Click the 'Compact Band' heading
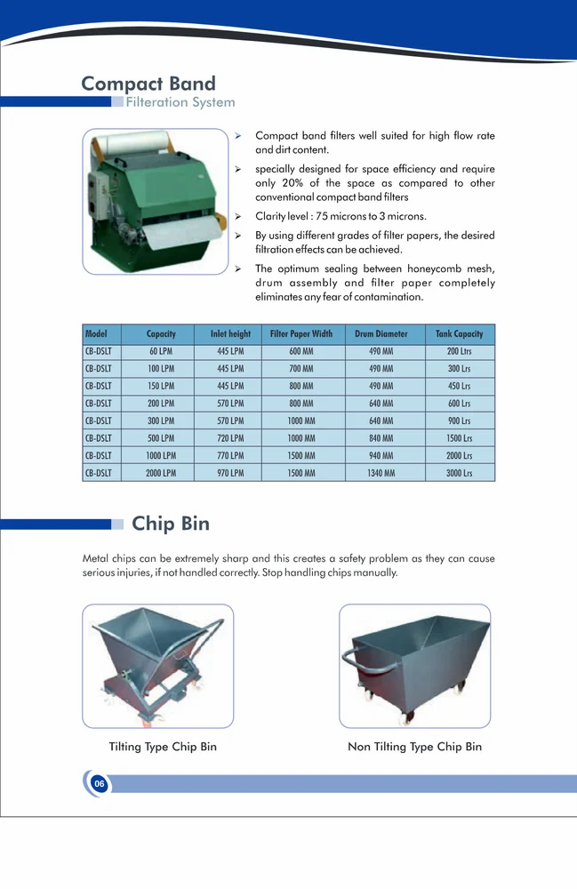click(148, 84)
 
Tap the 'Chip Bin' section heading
click(171, 524)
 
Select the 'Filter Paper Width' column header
click(301, 334)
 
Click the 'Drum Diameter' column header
click(381, 334)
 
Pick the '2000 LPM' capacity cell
click(161, 473)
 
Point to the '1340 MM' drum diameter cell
click(381, 473)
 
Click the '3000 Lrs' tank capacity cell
click(460, 473)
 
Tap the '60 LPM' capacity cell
click(161, 351)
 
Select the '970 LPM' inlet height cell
click(230, 473)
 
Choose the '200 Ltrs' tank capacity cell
click(460, 351)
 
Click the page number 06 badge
click(99, 783)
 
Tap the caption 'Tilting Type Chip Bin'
click(163, 747)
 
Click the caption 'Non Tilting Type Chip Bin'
click(414, 747)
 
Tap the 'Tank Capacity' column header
click(460, 334)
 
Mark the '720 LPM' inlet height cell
click(230, 438)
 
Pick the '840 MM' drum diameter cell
click(381, 438)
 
